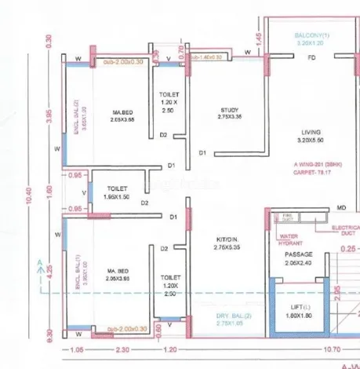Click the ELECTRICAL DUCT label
pos(344,228)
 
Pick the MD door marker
pos(341,207)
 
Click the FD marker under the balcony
pos(311,59)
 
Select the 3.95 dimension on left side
pos(49,115)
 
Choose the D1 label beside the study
pos(202,152)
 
